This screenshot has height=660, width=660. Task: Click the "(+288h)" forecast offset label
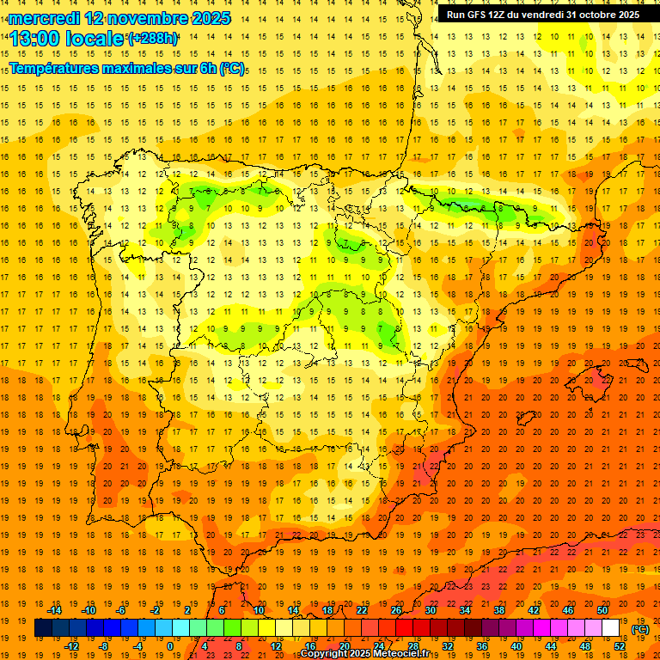pyautogui.click(x=152, y=38)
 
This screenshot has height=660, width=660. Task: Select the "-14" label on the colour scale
pyautogui.click(x=54, y=610)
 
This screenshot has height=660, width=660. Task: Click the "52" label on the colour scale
pyautogui.click(x=620, y=645)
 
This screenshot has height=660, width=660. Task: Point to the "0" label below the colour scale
pyautogui.click(x=170, y=645)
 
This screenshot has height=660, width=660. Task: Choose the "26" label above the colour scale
pyautogui.click(x=396, y=610)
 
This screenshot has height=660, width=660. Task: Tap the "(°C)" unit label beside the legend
pyautogui.click(x=640, y=628)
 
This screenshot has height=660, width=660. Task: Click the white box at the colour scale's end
pyautogui.click(x=611, y=628)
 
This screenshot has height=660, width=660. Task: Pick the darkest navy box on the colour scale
pyautogui.click(x=43, y=628)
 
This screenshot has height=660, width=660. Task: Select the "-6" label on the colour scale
pyautogui.click(x=121, y=610)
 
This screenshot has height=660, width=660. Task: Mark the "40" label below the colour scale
pyautogui.click(x=516, y=645)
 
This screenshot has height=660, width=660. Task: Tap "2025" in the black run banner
pyautogui.click(x=626, y=14)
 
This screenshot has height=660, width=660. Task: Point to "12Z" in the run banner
pyautogui.click(x=504, y=14)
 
